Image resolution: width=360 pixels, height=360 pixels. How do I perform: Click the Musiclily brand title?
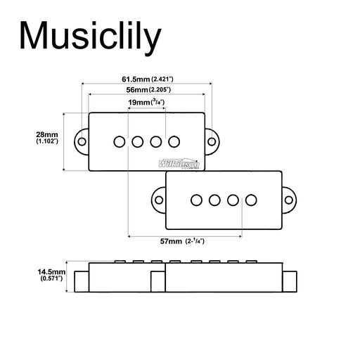tap(89, 34)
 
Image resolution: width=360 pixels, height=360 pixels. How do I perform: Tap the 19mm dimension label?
tap(139, 103)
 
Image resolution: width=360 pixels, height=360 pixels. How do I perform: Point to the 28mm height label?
tap(47, 134)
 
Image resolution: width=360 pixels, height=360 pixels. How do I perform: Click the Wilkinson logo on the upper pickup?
tap(179, 162)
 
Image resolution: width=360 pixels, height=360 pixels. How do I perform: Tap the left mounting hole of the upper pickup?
tap(82, 141)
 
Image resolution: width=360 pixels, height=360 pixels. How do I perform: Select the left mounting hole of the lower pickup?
tap(158, 200)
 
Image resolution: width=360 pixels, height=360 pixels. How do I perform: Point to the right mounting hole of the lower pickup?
tap(289, 200)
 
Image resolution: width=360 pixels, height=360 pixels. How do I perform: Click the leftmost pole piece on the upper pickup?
tap(120, 141)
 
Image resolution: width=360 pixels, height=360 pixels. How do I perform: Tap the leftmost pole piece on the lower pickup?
tap(196, 200)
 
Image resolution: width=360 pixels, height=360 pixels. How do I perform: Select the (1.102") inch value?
tap(47, 141)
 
